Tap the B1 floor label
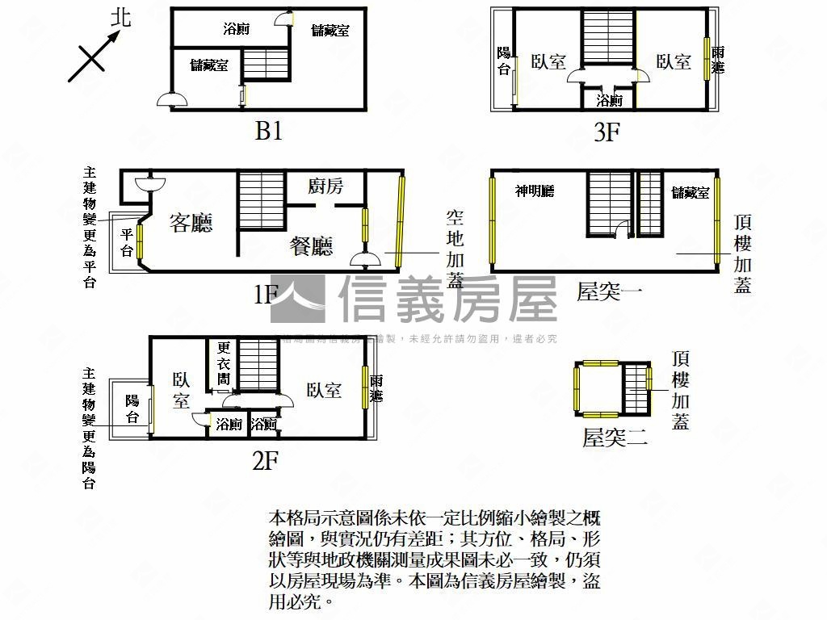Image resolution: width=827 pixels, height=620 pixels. pyautogui.click(x=268, y=132)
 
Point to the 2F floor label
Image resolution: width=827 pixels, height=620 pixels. pyautogui.click(x=265, y=461)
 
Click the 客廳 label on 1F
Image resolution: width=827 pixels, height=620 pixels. pyautogui.click(x=191, y=223)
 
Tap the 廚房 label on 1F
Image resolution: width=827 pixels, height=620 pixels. pyautogui.click(x=325, y=186)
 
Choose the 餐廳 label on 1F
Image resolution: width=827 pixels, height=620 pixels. pyautogui.click(x=311, y=246)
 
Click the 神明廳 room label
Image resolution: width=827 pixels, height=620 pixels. pyautogui.click(x=535, y=191)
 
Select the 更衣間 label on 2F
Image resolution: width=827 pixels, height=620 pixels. pyautogui.click(x=224, y=363)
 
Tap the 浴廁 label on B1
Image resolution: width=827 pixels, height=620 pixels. pyautogui.click(x=236, y=30)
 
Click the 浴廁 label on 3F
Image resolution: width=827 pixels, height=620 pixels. pyautogui.click(x=609, y=101)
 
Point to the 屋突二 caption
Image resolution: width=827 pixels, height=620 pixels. pyautogui.click(x=615, y=438)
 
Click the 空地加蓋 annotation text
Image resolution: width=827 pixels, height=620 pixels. pyautogui.click(x=455, y=249)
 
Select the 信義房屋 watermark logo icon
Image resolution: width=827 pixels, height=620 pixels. pyautogui.click(x=298, y=300)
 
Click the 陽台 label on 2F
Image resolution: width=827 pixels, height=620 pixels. pyautogui.click(x=132, y=408)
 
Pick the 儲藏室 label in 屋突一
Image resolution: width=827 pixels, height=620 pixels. pyautogui.click(x=691, y=192)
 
